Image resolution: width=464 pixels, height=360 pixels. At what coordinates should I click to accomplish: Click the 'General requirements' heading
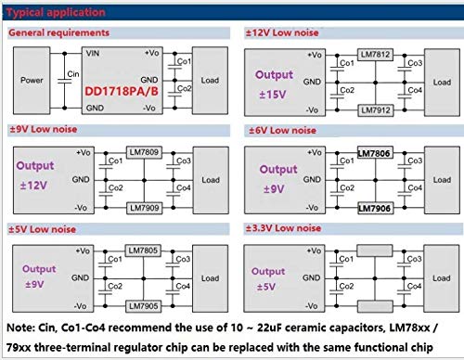(58, 32)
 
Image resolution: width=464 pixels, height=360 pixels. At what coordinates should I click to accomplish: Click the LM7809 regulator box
(143, 149)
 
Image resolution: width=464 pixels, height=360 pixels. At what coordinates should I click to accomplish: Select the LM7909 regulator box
(143, 207)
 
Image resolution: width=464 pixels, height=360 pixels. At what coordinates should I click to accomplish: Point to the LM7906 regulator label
(376, 209)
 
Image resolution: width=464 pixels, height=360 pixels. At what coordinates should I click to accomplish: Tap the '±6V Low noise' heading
(283, 129)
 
